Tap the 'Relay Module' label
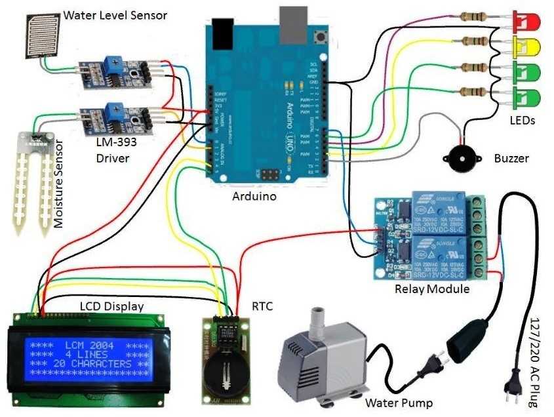[432, 289]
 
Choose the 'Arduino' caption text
[254, 195]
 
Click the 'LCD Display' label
[111, 306]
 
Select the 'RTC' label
[263, 306]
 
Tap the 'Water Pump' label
[399, 402]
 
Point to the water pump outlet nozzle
[319, 316]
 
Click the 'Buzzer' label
[511, 159]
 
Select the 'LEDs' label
[523, 120]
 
